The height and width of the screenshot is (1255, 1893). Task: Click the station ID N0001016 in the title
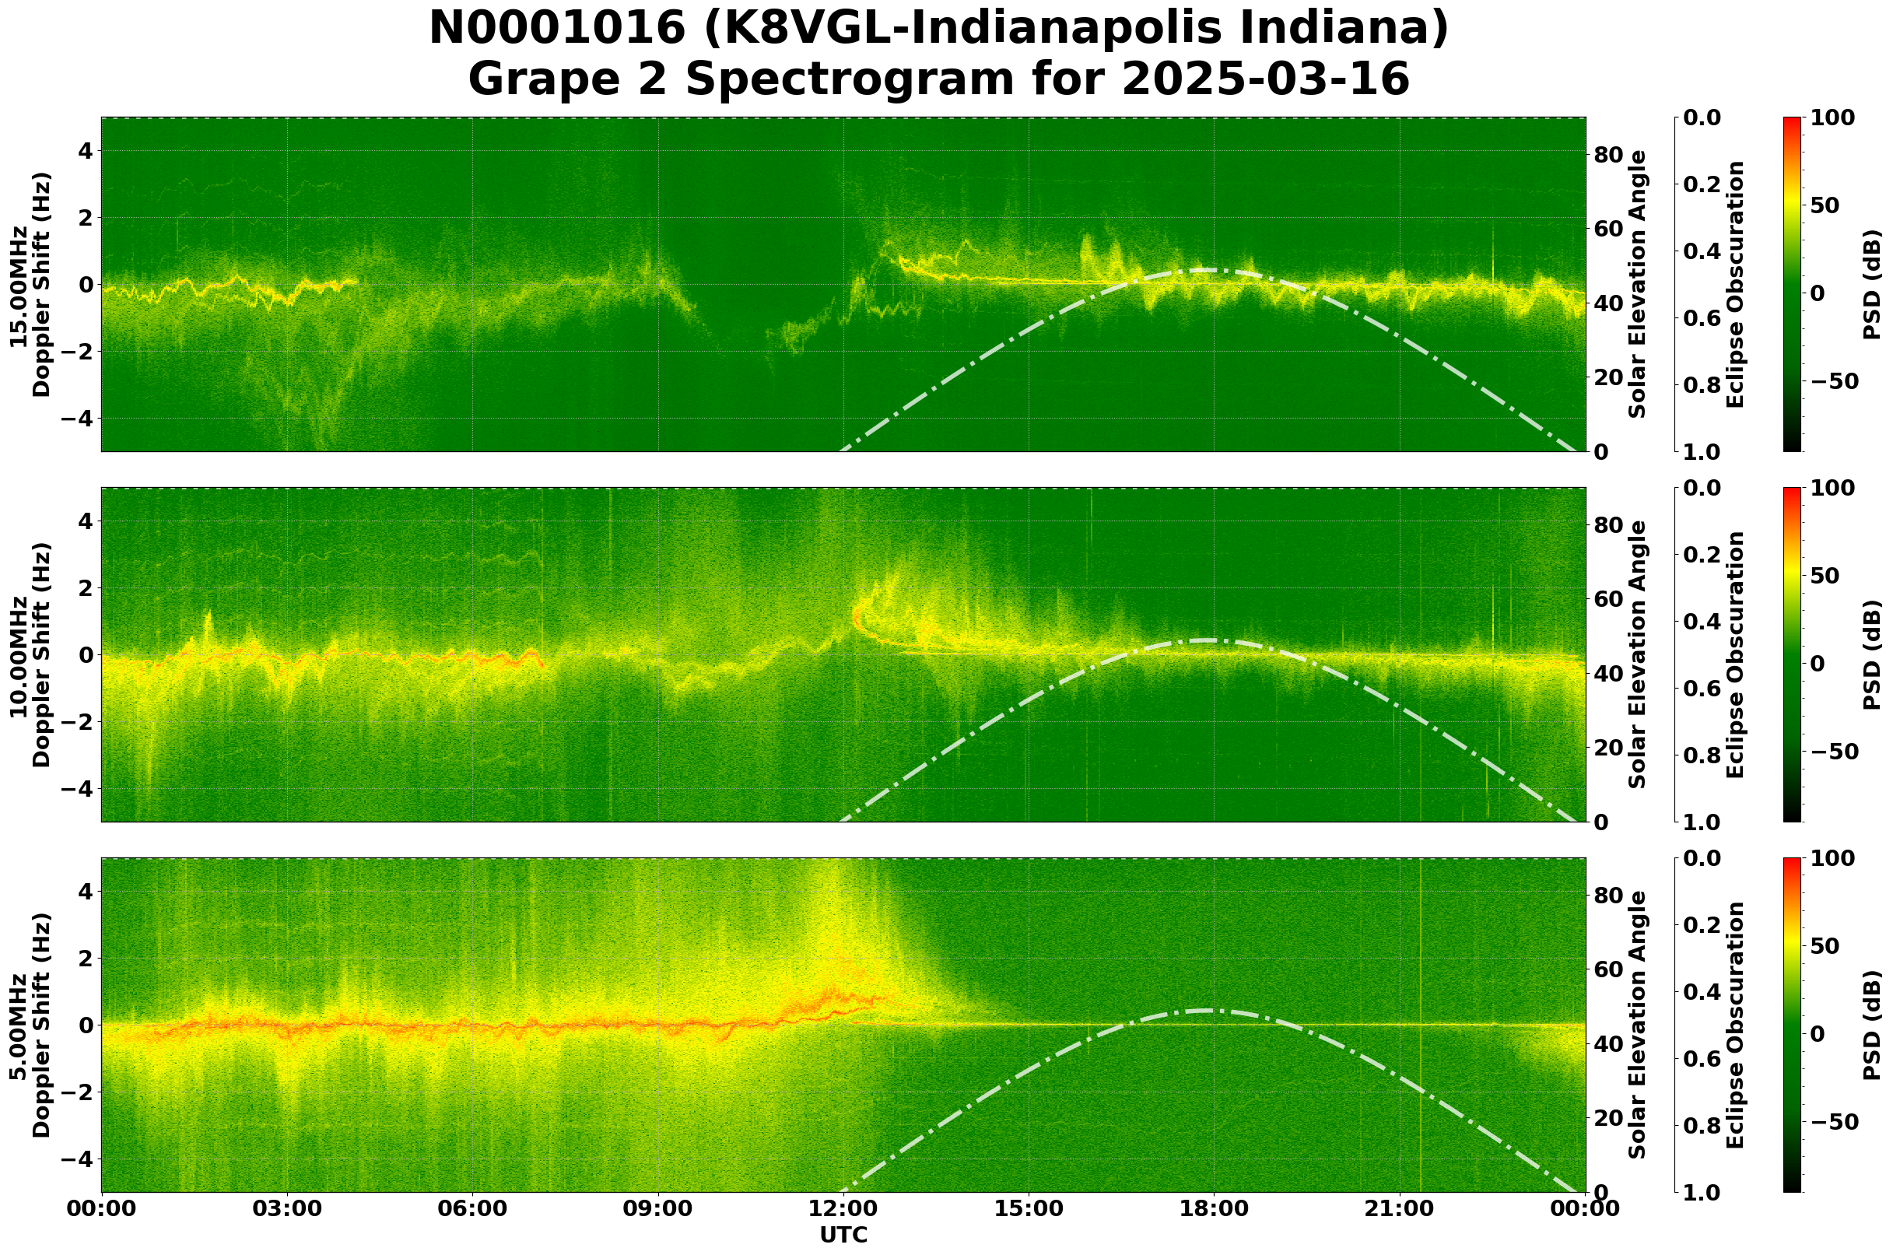(x=557, y=29)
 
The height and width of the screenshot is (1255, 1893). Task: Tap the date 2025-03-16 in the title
(x=1264, y=79)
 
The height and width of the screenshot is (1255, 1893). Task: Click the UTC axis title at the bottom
(x=843, y=1235)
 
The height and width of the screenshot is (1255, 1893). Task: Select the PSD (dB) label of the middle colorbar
(x=1871, y=654)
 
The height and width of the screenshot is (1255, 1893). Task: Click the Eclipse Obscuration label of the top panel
(x=1734, y=285)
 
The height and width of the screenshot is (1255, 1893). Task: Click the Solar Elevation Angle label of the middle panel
(x=1638, y=654)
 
